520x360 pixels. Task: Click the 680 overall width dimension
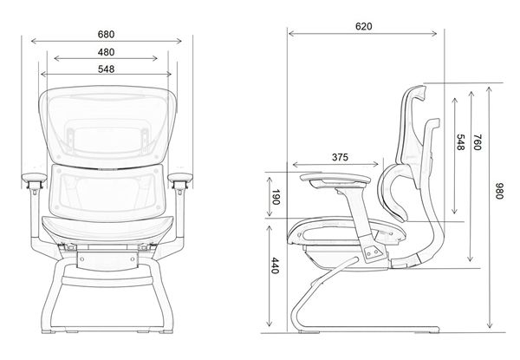[x=106, y=34]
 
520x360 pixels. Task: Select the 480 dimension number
[x=106, y=51]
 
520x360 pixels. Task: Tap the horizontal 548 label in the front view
[x=106, y=69]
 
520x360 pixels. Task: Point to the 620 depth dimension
[x=363, y=26]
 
